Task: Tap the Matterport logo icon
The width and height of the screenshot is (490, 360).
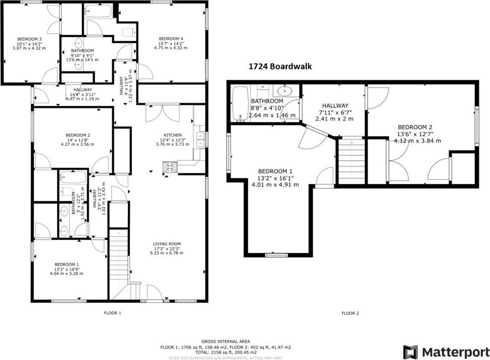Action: (x=411, y=351)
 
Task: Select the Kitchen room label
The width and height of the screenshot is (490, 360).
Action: (x=173, y=135)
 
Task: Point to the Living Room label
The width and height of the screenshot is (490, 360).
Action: (x=167, y=244)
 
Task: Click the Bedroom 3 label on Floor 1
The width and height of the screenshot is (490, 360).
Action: (x=29, y=39)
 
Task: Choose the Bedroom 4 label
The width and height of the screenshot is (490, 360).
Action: (x=171, y=39)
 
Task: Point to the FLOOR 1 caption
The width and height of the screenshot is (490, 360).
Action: (x=112, y=313)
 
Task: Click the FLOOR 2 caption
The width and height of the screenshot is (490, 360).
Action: (x=350, y=313)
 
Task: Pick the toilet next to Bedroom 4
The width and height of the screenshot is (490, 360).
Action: (x=129, y=32)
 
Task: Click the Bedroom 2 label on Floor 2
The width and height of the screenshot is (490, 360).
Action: (x=415, y=127)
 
